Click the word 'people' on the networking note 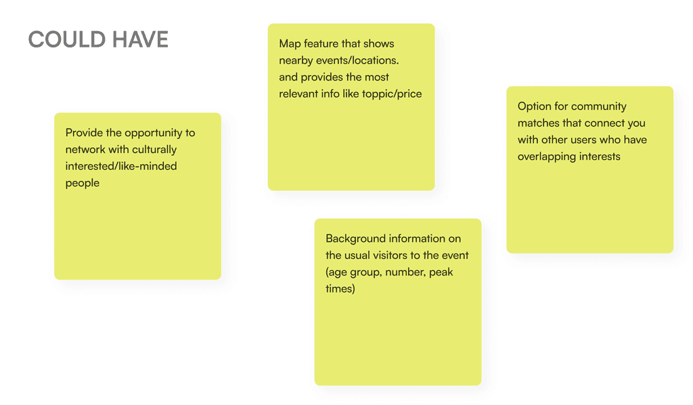(x=83, y=183)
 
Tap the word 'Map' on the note (x=290, y=44)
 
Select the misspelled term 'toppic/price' (x=394, y=93)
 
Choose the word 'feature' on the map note (x=321, y=44)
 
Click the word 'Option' (x=534, y=106)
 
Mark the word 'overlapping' (x=545, y=156)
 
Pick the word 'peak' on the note (x=441, y=272)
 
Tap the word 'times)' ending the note (x=340, y=289)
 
